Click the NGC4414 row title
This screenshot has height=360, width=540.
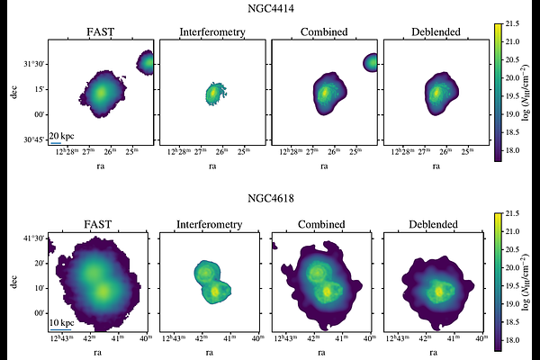pos(269,10)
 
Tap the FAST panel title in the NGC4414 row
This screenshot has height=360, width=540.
pos(99,33)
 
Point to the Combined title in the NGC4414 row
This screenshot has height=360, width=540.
pos(324,33)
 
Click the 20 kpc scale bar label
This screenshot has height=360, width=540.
pos(61,135)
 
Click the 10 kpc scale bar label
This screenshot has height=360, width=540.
pos(61,322)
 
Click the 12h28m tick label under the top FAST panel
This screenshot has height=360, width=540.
pos(65,152)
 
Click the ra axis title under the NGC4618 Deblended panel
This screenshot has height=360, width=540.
pos(436,353)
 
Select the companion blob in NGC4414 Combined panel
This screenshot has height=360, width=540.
pos(371,62)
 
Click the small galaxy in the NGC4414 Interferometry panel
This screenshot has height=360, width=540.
pos(213,92)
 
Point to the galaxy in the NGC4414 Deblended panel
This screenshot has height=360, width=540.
pos(436,92)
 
